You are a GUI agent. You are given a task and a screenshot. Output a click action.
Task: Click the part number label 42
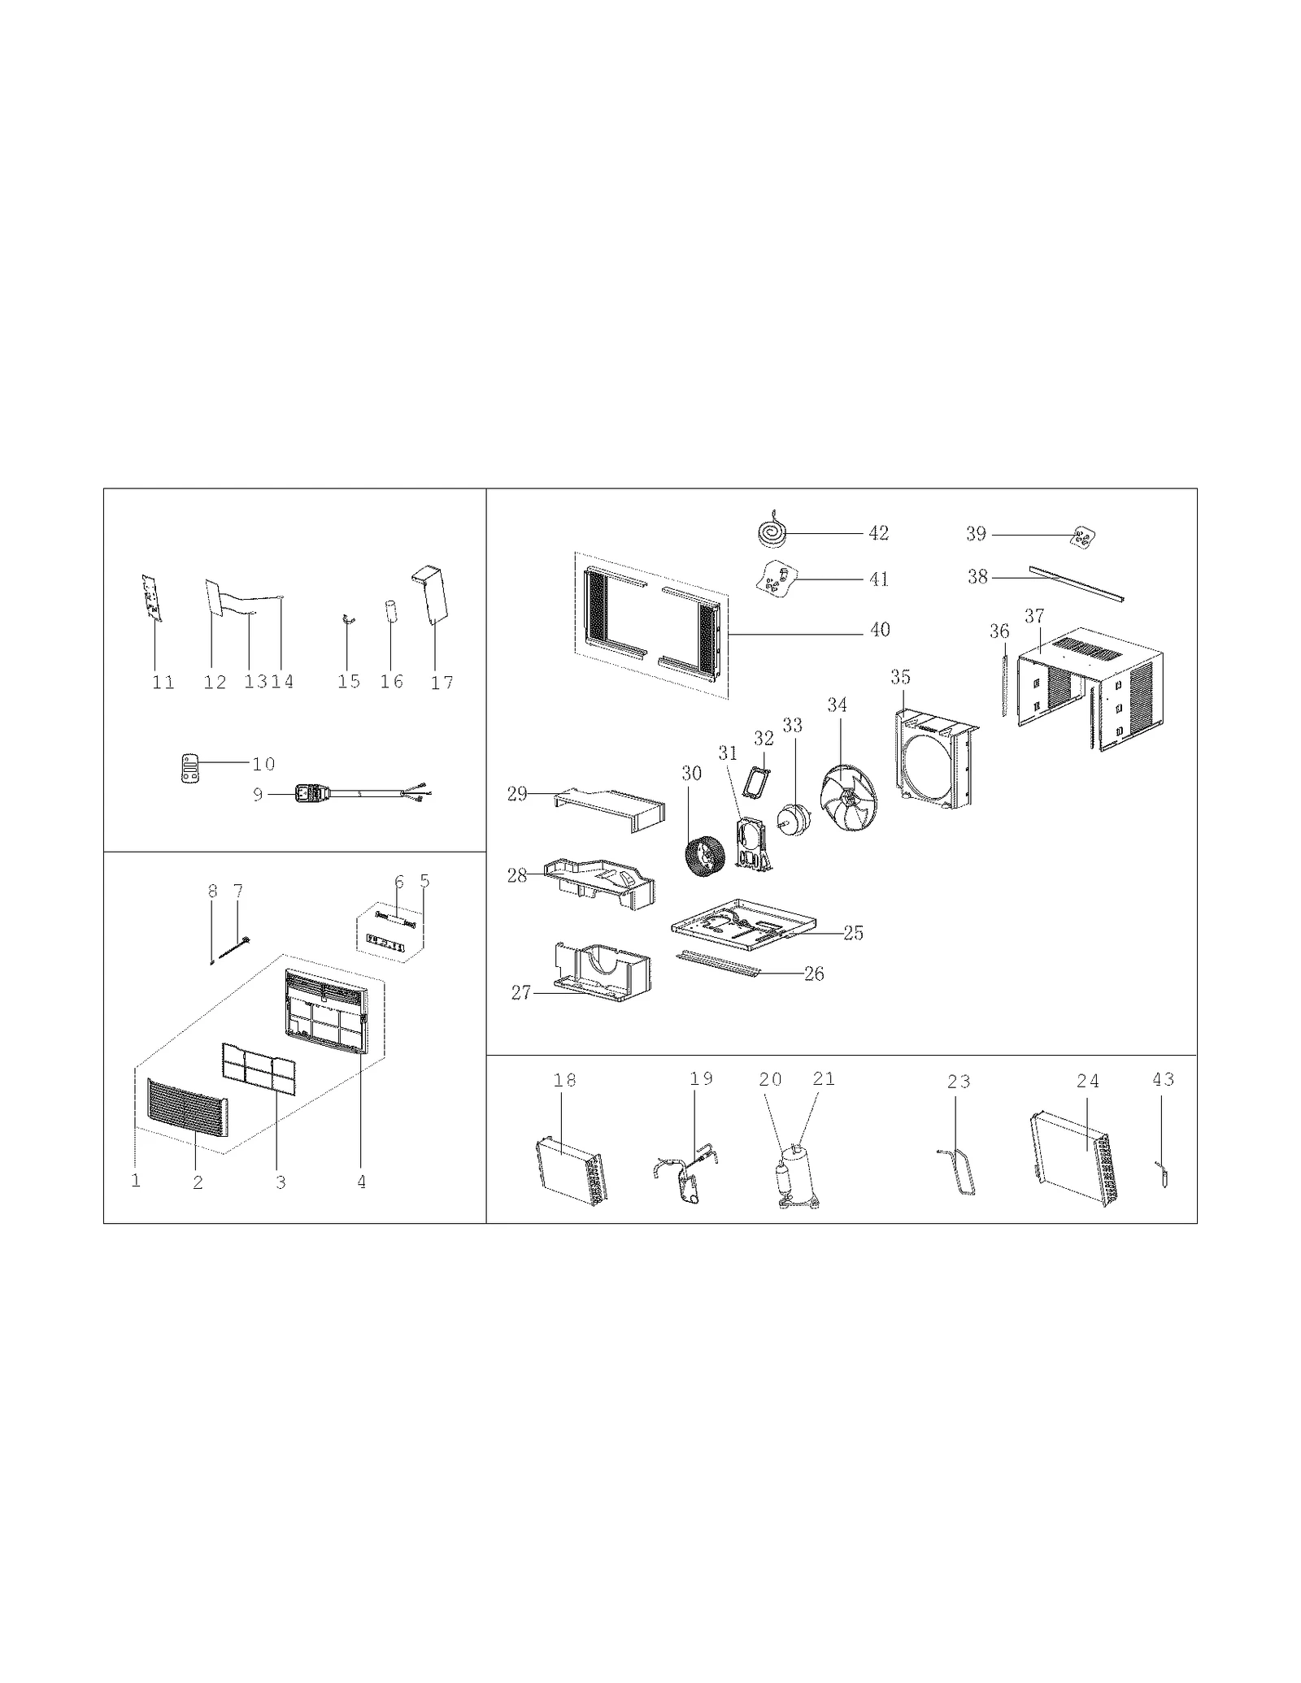[878, 533]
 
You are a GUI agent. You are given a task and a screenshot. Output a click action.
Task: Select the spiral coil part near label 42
[770, 533]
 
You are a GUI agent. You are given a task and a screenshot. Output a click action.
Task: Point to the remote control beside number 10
[189, 768]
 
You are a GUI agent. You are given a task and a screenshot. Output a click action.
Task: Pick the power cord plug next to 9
[309, 792]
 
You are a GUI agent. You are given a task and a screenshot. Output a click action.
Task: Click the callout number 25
[853, 933]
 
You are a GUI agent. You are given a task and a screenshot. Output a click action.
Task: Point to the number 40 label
[880, 630]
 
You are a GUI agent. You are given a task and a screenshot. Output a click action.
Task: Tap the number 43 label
[1163, 1079]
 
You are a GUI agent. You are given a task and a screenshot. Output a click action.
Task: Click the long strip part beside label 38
[1076, 583]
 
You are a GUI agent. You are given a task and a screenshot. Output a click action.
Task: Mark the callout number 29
[517, 794]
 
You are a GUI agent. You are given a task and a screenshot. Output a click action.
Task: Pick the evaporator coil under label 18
[571, 1169]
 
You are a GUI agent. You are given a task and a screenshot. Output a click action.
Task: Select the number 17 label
[442, 683]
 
